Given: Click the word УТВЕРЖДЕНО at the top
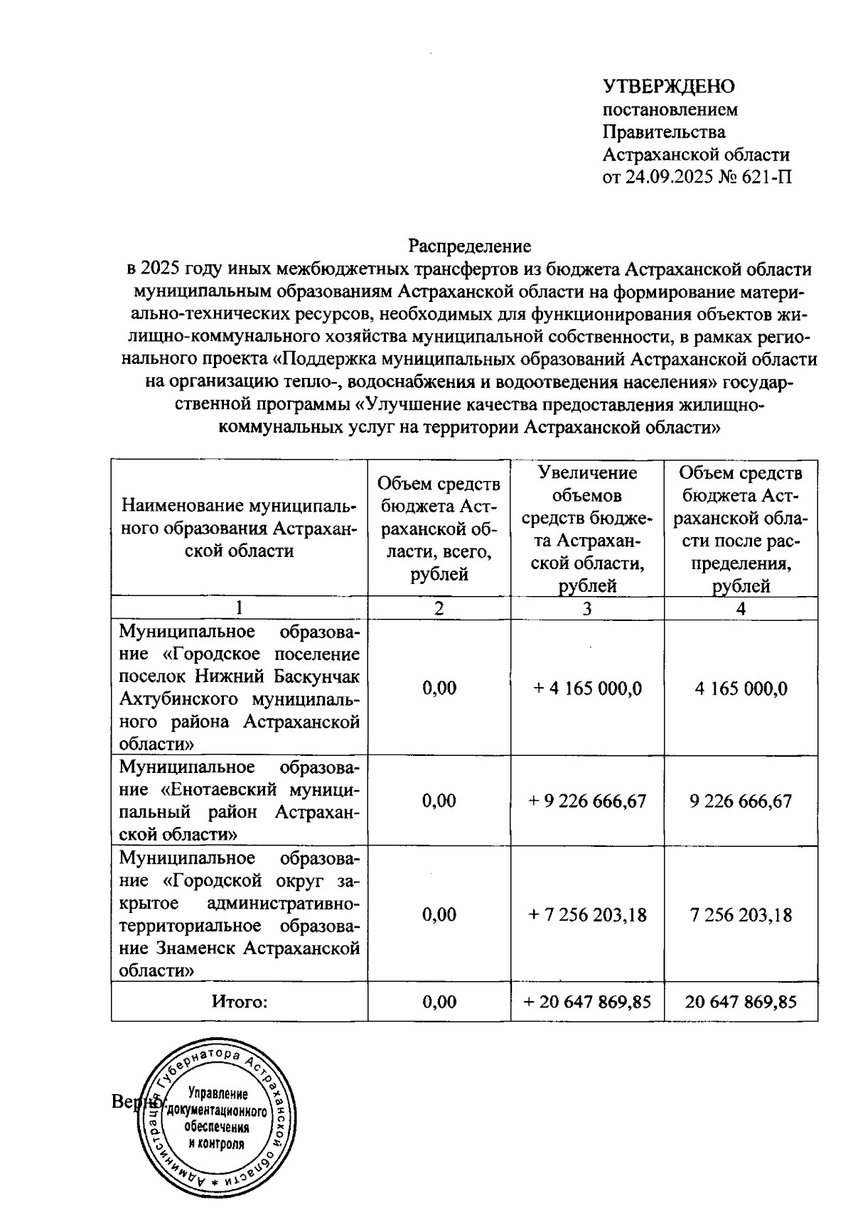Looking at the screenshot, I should click(668, 87).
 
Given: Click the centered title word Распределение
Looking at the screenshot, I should click(469, 246).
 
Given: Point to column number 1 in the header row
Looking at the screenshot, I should click(239, 608).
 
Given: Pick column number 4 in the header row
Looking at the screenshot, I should click(741, 608).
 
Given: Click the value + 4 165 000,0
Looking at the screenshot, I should click(587, 688).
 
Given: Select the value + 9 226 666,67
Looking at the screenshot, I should click(587, 801).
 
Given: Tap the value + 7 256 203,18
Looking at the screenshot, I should click(587, 915).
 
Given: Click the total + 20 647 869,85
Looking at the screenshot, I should click(587, 1002).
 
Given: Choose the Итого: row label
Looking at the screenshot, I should click(240, 1002).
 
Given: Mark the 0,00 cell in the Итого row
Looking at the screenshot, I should click(439, 1002).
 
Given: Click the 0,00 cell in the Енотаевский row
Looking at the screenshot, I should click(439, 801).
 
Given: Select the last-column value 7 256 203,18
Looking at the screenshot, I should click(741, 915).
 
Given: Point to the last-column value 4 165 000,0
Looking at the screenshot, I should click(741, 688).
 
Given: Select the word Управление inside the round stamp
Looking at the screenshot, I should click(218, 1095).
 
